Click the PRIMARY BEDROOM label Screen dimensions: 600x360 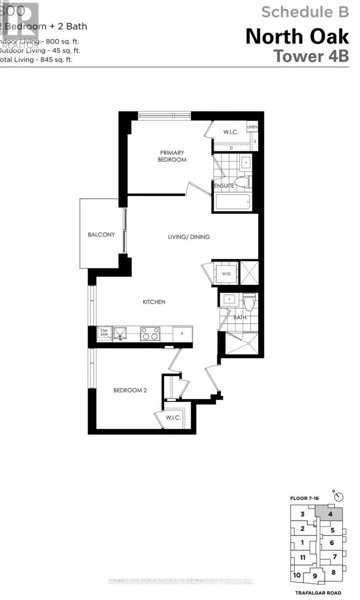coord(172,156)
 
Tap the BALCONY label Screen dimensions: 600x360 coord(101,234)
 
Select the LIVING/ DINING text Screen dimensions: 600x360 coord(188,236)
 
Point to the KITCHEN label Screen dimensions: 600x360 coord(154,302)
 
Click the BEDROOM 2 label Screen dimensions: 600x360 coord(129,390)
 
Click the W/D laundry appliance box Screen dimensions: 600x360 coord(225,273)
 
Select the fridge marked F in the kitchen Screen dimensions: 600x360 coord(182,333)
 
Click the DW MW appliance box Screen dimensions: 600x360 coord(103,333)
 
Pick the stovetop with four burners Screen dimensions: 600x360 coord(150,333)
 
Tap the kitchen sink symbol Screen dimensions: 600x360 coord(120,333)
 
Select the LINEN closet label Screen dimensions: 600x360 coord(252,127)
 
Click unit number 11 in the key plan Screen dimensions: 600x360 coord(302,557)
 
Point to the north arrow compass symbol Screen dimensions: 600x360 coord(340,496)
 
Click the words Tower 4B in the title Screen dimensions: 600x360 coord(311,55)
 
